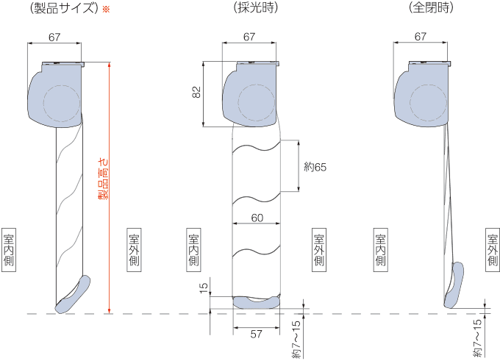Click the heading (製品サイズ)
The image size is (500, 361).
(64, 8)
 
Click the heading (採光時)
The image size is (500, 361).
(256, 8)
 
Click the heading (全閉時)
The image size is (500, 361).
(431, 8)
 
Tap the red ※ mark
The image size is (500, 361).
(106, 10)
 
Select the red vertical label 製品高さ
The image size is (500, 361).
(103, 179)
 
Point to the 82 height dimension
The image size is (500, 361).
(197, 92)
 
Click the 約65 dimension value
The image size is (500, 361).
(315, 167)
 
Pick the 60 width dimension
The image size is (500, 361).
(257, 218)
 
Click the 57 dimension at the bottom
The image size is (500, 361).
(256, 334)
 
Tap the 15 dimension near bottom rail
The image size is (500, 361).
(204, 288)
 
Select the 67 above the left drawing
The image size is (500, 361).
(54, 37)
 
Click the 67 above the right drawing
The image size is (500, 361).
(420, 37)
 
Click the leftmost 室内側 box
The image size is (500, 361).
(9, 250)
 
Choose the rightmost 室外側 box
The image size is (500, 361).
(493, 250)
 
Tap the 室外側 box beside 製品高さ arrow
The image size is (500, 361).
(134, 250)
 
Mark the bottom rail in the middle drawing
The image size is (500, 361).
(257, 303)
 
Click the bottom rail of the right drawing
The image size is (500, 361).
(454, 285)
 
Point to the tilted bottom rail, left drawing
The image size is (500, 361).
(73, 295)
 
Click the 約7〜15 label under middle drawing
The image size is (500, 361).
(296, 340)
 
